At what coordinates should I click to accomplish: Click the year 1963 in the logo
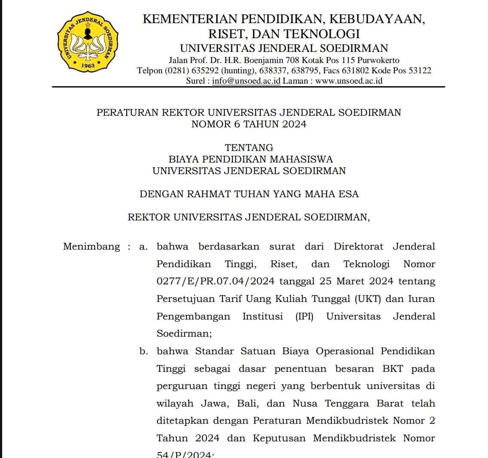[x=88, y=66]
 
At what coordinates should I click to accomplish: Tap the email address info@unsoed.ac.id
[x=246, y=81]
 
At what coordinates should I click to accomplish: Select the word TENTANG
[x=249, y=148]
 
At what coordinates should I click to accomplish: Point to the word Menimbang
[x=91, y=247]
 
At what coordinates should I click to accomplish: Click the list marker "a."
[x=144, y=247]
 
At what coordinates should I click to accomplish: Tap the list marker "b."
[x=144, y=351]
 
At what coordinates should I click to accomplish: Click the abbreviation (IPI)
[x=304, y=316]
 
